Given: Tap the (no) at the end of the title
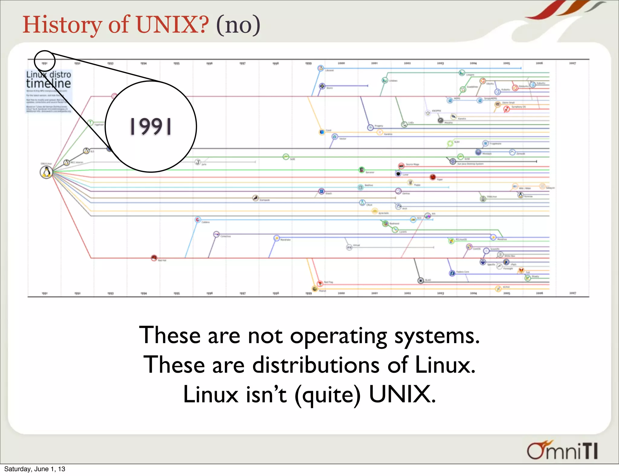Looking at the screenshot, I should [238, 25].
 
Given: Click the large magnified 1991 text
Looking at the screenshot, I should [151, 126].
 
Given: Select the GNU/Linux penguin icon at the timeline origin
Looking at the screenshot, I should [46, 172].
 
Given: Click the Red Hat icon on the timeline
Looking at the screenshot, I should [154, 258].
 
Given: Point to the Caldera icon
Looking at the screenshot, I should [198, 220].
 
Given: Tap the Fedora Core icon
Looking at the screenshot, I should [452, 273].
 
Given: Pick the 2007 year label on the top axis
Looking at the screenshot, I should [572, 63].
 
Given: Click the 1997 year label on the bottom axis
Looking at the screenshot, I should [243, 293].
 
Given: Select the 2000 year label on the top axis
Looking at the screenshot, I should [341, 63].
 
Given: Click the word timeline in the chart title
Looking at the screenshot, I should [48, 83].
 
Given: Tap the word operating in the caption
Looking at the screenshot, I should [339, 336].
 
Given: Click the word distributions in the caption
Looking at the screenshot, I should [316, 365].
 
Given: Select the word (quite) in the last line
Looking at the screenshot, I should [328, 394].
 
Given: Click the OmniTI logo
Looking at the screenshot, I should [562, 451].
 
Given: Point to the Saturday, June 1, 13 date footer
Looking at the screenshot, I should [35, 469].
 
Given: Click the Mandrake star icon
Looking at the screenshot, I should [276, 238].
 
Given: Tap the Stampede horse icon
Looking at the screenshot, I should [256, 198].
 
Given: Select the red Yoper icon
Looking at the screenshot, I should [433, 177].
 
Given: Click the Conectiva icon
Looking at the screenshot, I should [216, 234].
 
